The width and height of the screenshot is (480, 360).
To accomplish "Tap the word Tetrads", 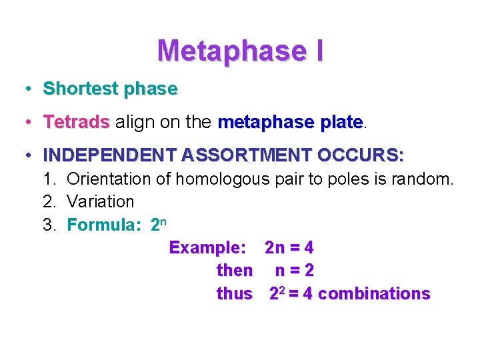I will tap(76, 123).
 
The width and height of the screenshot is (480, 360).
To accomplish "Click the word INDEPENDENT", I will tap(110, 156).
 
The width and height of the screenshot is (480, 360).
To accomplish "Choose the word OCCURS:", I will tap(361, 156).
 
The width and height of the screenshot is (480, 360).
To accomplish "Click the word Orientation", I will tap(110, 179).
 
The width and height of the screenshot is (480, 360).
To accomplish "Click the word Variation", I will tap(101, 201).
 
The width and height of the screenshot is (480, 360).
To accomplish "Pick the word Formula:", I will tap(104, 225).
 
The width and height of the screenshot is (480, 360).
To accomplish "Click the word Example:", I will tap(207, 248).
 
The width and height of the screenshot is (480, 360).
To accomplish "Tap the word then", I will tap(235, 271).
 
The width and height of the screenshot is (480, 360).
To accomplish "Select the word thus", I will tap(235, 293).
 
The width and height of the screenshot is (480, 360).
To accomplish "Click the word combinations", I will tap(375, 294).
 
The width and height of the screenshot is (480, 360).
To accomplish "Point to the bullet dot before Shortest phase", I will tap(29, 89).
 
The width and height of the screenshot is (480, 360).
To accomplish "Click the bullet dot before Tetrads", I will tap(29, 123).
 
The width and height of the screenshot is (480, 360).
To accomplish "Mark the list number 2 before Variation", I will tap(48, 201).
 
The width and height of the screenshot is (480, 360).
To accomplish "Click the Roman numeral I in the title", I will tap(317, 50).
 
